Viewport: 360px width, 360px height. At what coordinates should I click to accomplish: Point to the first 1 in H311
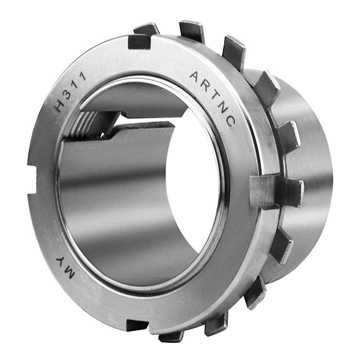coord(77,84)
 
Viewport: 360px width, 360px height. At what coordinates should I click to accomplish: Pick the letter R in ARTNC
coord(206,86)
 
